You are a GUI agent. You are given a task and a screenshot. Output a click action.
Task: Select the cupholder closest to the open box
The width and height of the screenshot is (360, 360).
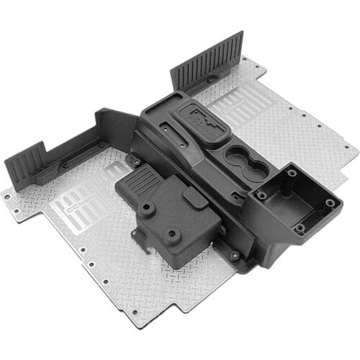coord(256,168)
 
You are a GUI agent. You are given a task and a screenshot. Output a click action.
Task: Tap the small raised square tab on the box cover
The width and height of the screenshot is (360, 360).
coord(194,197)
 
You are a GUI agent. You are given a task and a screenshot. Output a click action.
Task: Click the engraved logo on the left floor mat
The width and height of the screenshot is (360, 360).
coord(78,204)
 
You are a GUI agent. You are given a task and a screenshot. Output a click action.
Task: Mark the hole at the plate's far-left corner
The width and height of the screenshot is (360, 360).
coord(7,196)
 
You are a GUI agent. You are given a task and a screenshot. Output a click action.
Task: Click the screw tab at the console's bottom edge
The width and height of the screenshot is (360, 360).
coord(234,255)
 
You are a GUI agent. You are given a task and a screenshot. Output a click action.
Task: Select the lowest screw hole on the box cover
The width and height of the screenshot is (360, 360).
coord(171,235)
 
